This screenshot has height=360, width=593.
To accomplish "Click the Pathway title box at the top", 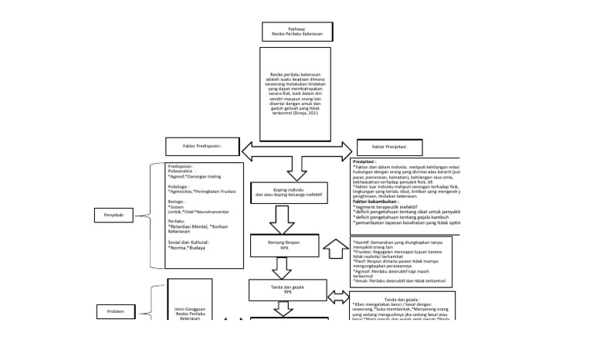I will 297,32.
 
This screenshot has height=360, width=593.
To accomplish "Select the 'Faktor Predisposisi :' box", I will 202,145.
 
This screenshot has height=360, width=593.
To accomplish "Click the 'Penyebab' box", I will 114,216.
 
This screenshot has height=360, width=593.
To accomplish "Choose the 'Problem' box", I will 115,311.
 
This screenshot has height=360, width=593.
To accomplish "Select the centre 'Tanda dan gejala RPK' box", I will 283,290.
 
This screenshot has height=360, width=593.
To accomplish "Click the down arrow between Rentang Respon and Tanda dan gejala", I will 280,267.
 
